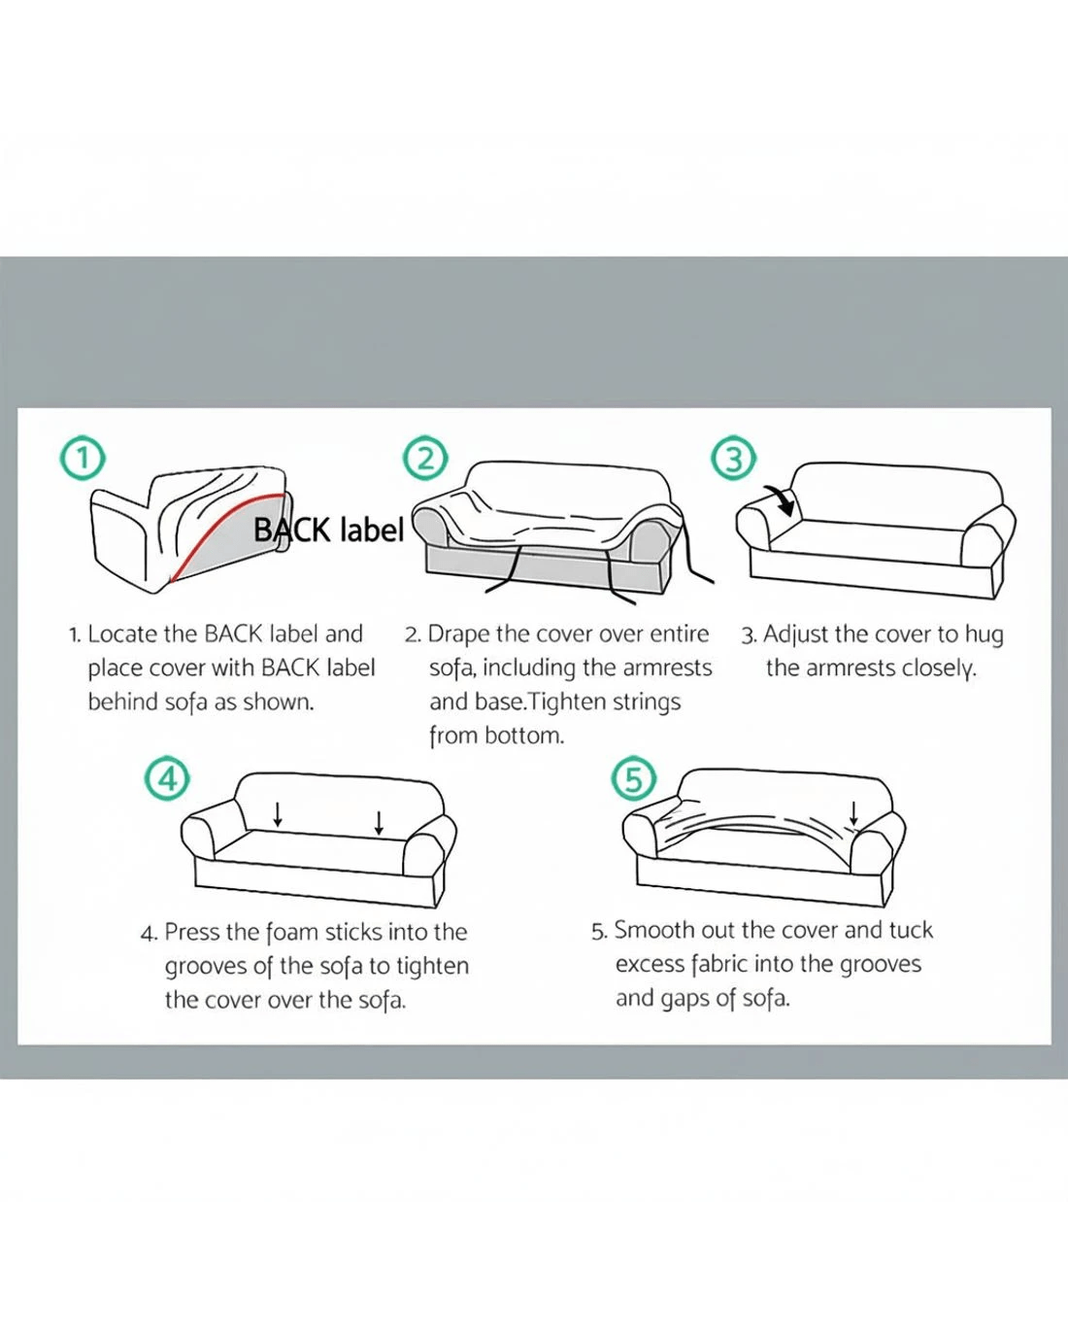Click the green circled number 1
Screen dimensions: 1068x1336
click(83, 459)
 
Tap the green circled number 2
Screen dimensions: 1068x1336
click(425, 459)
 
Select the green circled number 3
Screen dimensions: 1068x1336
click(733, 460)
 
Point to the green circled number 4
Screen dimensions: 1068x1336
click(168, 778)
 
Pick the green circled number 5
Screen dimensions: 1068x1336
click(634, 778)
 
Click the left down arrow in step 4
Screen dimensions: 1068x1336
click(278, 814)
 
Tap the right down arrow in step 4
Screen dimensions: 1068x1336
click(379, 823)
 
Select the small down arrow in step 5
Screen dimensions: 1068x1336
click(853, 813)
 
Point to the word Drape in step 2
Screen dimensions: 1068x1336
click(459, 635)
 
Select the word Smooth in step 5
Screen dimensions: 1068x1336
click(653, 931)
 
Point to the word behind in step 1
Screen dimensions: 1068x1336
click(123, 702)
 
